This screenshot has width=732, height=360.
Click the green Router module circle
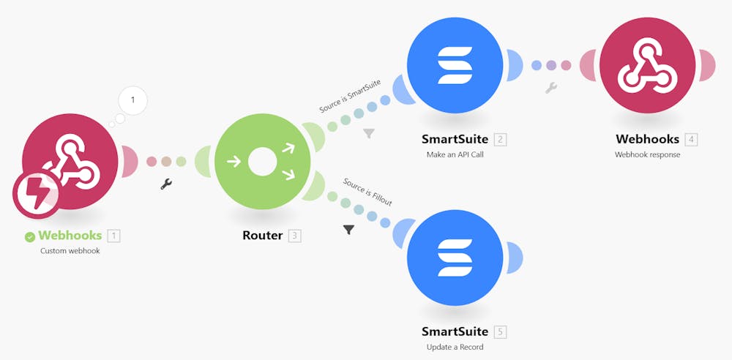point(262,162)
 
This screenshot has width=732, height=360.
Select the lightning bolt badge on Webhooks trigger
point(37,194)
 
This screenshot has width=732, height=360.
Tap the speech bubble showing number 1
point(132,99)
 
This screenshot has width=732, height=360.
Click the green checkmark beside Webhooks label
point(30,236)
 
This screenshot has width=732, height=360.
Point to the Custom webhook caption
point(70,250)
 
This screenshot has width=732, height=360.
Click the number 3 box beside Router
point(294,236)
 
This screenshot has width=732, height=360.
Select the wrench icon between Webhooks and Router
point(166,184)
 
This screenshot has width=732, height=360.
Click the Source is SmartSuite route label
point(350,97)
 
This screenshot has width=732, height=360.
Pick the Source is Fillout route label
point(367,192)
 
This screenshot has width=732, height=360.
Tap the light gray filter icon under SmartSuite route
point(369,133)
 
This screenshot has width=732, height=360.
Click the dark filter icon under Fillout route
point(348,230)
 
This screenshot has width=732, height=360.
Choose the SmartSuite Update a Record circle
point(455,257)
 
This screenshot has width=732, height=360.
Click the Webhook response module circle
point(648,65)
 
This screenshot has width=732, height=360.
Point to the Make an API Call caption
point(455,154)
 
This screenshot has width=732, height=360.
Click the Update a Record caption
point(455,347)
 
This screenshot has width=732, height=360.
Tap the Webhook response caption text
point(648,154)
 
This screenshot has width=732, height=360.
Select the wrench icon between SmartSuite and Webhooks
point(550,88)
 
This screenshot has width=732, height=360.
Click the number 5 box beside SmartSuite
point(501,332)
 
